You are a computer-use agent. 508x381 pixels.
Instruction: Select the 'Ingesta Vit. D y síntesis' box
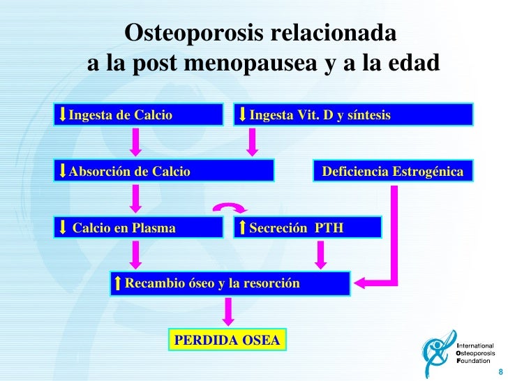point(353,114)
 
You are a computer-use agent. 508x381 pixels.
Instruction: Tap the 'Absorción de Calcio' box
point(165,170)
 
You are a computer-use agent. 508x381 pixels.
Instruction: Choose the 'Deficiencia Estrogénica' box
point(392,170)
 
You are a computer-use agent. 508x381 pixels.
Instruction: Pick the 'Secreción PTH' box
point(307,227)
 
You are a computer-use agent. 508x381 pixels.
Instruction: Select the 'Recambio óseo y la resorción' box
point(230,283)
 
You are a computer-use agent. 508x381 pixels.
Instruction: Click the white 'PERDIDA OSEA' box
point(227,340)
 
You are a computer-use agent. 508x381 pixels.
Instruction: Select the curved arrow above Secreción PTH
point(230,207)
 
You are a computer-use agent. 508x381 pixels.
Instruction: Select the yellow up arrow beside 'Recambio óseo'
point(118,283)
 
